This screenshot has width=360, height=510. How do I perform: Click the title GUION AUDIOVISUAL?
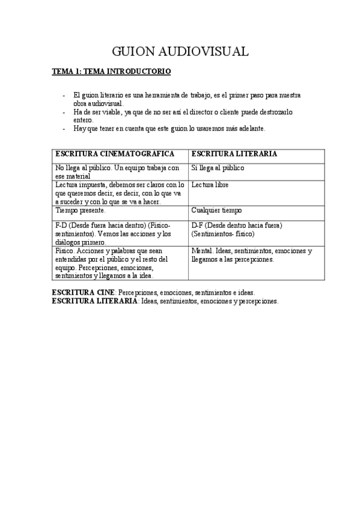180,52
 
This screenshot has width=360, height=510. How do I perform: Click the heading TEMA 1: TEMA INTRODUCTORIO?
112,72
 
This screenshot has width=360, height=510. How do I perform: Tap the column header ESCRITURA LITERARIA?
234,154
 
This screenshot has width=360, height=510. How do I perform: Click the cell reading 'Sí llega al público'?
218,168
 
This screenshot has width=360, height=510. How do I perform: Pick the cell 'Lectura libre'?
210,185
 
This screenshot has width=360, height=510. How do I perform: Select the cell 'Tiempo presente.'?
80,210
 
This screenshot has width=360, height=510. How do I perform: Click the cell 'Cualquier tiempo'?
216,210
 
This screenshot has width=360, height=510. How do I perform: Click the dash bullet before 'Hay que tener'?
64,129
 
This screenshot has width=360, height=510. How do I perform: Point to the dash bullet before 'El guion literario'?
64,95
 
